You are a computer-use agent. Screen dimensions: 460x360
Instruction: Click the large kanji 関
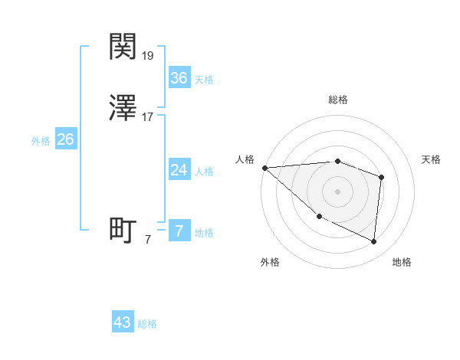pyautogui.click(x=123, y=47)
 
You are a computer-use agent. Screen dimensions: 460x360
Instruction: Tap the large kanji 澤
pyautogui.click(x=123, y=109)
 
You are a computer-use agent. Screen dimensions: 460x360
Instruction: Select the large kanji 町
pyautogui.click(x=123, y=231)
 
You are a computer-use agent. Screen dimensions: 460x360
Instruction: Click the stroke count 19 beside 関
pyautogui.click(x=148, y=56)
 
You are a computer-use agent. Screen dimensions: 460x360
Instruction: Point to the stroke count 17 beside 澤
pyautogui.click(x=148, y=118)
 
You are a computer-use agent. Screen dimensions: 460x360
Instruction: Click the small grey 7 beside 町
pyautogui.click(x=148, y=240)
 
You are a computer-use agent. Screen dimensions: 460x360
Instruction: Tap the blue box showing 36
pyautogui.click(x=179, y=78)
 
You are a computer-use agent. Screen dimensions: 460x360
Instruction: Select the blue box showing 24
pyautogui.click(x=179, y=170)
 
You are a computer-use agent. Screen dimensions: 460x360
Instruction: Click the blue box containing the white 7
pyautogui.click(x=179, y=231)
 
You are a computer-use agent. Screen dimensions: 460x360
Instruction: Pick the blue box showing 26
pyautogui.click(x=65, y=139)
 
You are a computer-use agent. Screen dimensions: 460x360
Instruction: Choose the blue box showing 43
pyautogui.click(x=123, y=322)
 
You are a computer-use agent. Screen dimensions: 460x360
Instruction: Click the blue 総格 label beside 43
pyautogui.click(x=147, y=324)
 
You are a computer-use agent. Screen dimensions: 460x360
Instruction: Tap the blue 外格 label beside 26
pyautogui.click(x=41, y=141)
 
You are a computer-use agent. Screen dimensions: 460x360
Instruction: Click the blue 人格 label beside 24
pyautogui.click(x=204, y=172)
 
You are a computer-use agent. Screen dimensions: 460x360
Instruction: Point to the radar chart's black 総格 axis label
pyautogui.click(x=338, y=100)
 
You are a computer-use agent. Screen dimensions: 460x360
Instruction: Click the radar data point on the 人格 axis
pyautogui.click(x=264, y=167)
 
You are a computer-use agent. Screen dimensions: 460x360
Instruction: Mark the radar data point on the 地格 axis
pyautogui.click(x=373, y=241)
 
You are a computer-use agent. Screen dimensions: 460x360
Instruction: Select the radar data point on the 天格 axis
pyautogui.click(x=381, y=177)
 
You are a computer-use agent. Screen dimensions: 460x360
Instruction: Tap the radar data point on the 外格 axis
pyautogui.click(x=319, y=216)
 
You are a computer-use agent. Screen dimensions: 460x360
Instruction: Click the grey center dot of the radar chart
pyautogui.click(x=338, y=191)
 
